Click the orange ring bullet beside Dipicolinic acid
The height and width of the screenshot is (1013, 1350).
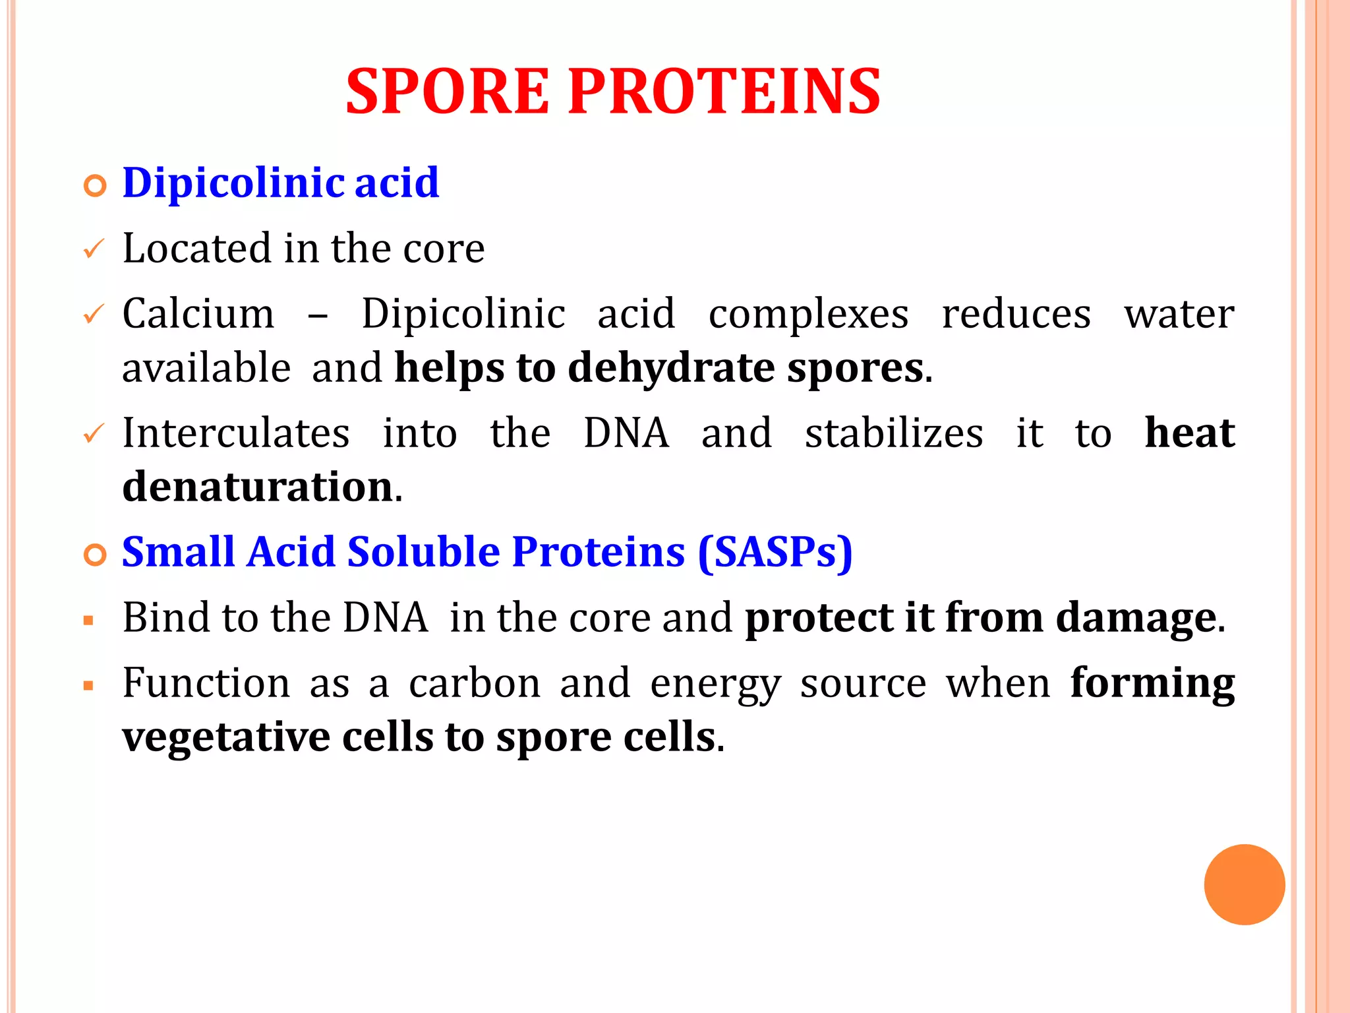pos(95,187)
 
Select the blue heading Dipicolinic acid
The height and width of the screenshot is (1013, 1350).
pos(281,183)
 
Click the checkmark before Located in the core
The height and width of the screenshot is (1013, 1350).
pos(94,250)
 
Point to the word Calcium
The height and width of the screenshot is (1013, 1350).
pos(198,314)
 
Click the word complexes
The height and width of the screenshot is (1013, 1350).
pos(808,314)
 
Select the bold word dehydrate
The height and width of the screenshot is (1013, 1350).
pos(670,368)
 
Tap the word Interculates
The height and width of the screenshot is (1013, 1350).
pos(236,434)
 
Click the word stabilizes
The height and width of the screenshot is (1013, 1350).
pos(894,434)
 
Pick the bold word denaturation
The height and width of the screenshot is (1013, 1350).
pos(258,487)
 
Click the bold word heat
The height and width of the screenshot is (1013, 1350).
pos(1189,434)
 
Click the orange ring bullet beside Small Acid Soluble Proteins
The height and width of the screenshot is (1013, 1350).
pos(95,555)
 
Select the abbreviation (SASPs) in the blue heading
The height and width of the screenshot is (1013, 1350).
pos(775,553)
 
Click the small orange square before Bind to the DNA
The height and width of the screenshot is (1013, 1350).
pos(88,621)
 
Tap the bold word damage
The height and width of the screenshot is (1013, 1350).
pos(1136,619)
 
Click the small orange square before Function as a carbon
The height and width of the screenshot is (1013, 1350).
pos(88,686)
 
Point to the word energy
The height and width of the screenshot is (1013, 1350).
pos(715,685)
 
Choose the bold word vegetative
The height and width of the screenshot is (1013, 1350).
pos(225,737)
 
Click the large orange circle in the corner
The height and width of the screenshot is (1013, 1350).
pos(1244,884)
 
